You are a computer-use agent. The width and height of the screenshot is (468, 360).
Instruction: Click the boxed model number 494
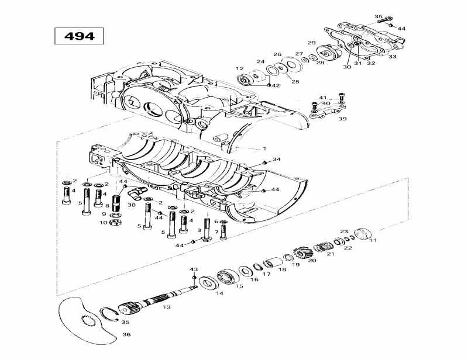[78, 36]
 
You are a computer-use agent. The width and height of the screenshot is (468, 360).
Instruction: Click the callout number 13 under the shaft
[167, 307]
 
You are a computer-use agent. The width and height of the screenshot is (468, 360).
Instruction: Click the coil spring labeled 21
[322, 247]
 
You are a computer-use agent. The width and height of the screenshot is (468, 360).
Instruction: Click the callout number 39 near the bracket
[342, 119]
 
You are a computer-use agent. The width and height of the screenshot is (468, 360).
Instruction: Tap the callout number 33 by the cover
[392, 57]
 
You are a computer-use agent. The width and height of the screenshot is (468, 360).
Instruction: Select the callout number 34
[277, 159]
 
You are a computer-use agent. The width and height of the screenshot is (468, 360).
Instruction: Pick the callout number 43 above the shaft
[194, 269]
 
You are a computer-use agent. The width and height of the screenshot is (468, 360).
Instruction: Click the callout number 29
[312, 43]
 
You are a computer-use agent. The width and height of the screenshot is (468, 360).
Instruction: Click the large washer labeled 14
[207, 283]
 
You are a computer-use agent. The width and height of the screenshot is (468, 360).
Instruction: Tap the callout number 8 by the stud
[107, 206]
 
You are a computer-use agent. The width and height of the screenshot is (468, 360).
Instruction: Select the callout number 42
[276, 85]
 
